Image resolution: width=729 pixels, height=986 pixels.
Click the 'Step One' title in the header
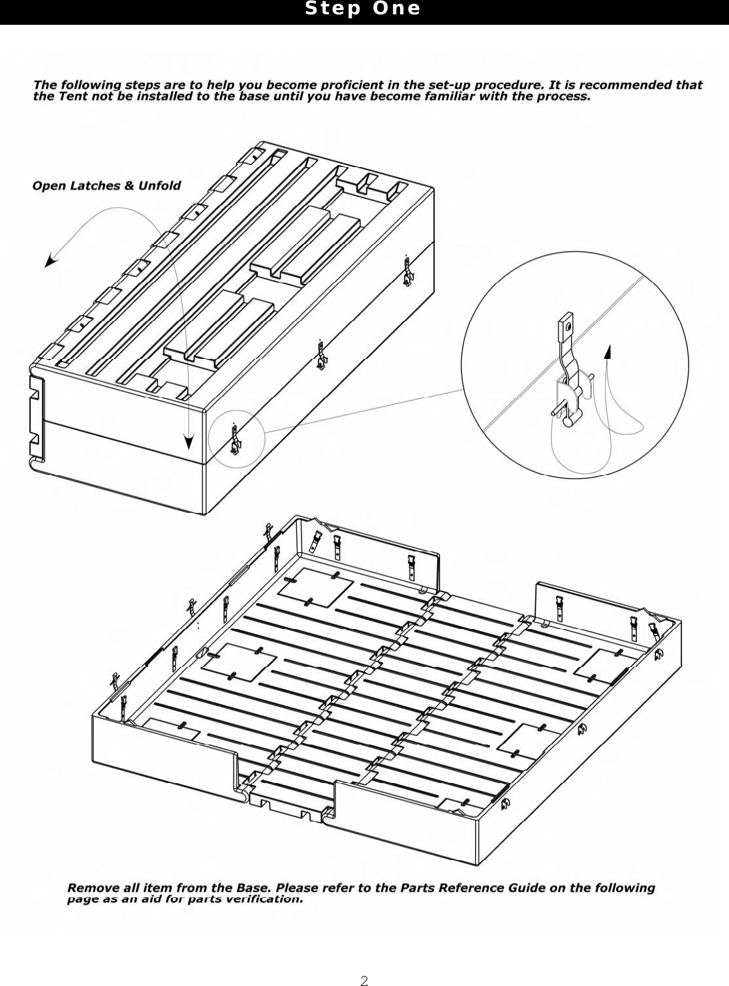(x=363, y=9)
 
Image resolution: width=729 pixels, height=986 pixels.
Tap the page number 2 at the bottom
(x=365, y=980)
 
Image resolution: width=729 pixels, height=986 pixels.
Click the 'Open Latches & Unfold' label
(x=106, y=186)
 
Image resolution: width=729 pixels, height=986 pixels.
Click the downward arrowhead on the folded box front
(x=189, y=442)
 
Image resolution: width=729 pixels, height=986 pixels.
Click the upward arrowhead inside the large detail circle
(x=608, y=352)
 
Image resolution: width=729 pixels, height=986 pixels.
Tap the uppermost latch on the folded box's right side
(x=408, y=271)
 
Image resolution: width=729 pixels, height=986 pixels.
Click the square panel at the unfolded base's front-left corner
(x=170, y=728)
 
